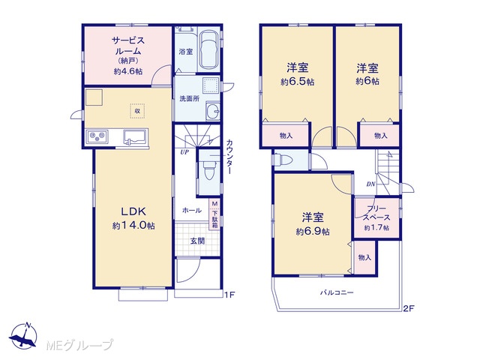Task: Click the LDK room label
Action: [133, 211]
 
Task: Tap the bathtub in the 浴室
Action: [208, 49]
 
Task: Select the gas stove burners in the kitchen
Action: [97, 136]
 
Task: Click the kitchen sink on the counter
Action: [136, 136]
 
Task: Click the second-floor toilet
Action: [283, 160]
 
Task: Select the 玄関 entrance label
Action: [197, 241]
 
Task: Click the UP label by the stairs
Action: [184, 152]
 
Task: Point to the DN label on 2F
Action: [371, 184]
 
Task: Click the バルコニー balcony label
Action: [337, 292]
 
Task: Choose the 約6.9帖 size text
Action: [313, 232]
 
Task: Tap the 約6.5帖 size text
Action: [297, 82]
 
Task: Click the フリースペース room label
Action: [376, 213]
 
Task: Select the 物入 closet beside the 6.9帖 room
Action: [364, 257]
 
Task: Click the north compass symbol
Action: [23, 336]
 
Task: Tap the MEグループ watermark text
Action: [79, 345]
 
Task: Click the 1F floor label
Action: [229, 295]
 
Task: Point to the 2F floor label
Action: [408, 308]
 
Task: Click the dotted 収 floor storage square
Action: [137, 111]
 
